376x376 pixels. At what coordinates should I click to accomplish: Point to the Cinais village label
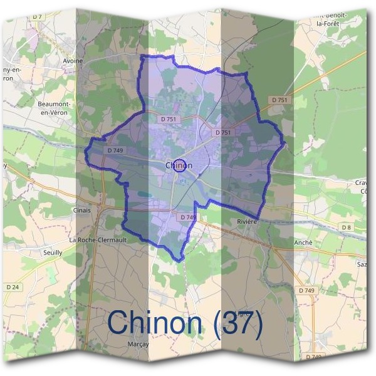click(x=82, y=211)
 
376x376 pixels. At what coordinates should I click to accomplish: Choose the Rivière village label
click(x=248, y=221)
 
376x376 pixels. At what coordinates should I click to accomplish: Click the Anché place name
click(x=303, y=243)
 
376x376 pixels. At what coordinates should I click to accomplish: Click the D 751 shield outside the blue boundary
click(x=278, y=100)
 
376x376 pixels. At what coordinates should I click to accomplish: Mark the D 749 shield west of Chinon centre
click(x=115, y=150)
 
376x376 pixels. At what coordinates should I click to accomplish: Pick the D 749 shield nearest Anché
click(x=307, y=290)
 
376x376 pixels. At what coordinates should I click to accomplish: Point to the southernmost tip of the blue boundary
click(x=180, y=260)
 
